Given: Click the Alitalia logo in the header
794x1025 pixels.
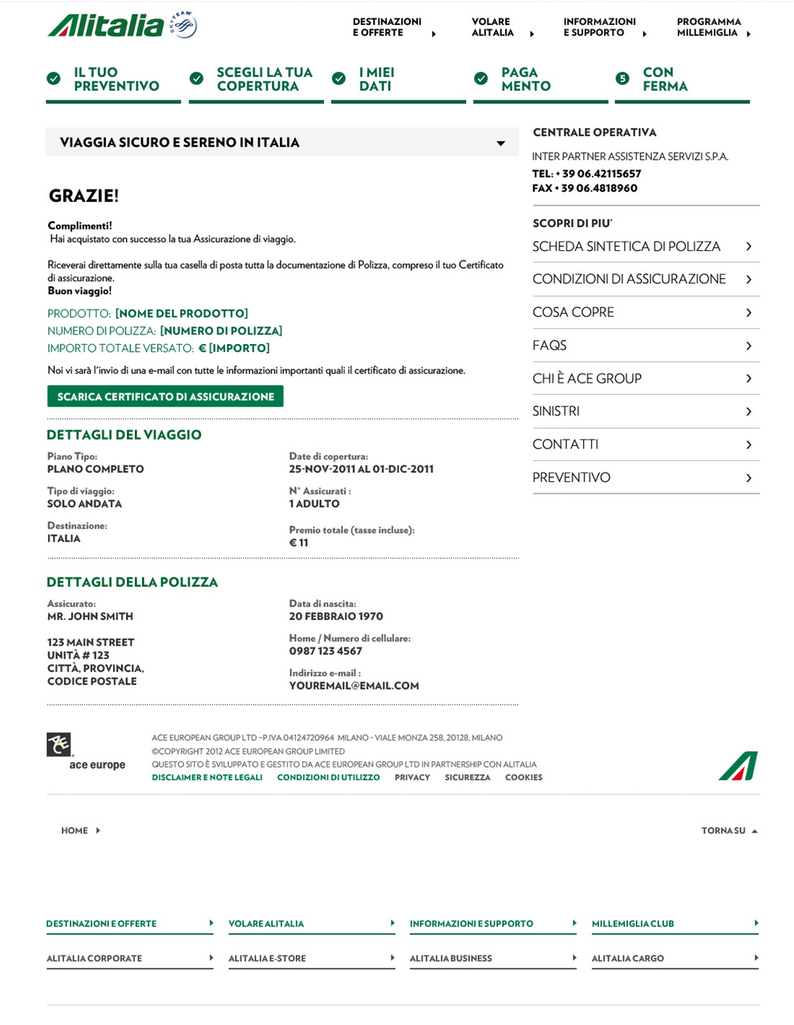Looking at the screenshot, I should [x=120, y=26].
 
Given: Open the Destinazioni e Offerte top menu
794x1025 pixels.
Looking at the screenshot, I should [x=387, y=27].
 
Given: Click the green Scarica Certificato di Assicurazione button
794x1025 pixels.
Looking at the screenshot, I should [x=165, y=397].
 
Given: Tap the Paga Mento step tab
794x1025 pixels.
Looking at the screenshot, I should [x=525, y=79].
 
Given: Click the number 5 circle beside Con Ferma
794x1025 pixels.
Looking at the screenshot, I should [x=622, y=79].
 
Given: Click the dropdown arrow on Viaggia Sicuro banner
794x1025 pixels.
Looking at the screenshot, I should [x=500, y=144].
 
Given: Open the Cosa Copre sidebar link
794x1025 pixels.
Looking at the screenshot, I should [x=573, y=312].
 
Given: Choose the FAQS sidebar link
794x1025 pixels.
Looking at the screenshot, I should [x=549, y=345].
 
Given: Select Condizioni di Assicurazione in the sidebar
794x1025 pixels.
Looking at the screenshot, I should [x=629, y=279].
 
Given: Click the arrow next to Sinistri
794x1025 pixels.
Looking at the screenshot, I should [x=748, y=411].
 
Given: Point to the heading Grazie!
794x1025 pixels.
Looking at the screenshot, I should [x=83, y=196].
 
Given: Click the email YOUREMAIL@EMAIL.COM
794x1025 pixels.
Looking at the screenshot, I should [x=354, y=686].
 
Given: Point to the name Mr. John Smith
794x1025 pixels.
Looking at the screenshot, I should [x=90, y=617].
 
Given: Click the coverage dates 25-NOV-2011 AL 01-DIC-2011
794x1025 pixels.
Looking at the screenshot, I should [x=361, y=469].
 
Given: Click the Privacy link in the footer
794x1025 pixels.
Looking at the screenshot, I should [x=412, y=777].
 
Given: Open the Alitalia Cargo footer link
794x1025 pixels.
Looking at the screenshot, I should [x=628, y=958].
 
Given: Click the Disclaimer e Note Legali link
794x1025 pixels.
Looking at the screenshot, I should [x=207, y=777].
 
